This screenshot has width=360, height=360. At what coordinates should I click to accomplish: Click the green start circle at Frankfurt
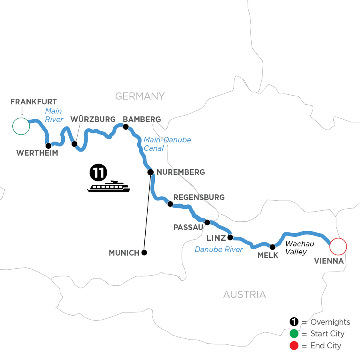point(21,126)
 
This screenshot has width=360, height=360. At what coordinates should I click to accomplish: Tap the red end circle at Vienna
point(338,246)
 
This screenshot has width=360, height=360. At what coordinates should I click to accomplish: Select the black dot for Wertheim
point(48,146)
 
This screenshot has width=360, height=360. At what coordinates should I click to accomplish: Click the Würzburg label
point(93,119)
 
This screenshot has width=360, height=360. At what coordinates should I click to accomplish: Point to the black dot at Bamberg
point(126,127)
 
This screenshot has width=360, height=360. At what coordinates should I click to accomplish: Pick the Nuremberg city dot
point(150,172)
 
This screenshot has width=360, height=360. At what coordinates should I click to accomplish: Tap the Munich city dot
point(144,252)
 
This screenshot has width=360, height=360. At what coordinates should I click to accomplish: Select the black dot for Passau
point(207,222)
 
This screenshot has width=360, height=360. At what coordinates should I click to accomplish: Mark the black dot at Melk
point(273,247)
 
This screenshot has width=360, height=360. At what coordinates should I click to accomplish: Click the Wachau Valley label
point(299,248)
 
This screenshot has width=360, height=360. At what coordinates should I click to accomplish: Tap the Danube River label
point(219,250)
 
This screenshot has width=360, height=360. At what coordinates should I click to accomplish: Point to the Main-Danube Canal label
point(167,144)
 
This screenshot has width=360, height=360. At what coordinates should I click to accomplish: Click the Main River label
point(54,115)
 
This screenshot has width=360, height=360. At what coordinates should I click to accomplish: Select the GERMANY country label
point(140,96)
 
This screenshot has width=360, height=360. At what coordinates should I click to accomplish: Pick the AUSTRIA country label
point(244,295)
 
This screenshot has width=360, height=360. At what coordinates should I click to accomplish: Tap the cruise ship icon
point(108,186)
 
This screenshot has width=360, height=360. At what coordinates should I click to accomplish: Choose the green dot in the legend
point(294,334)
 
